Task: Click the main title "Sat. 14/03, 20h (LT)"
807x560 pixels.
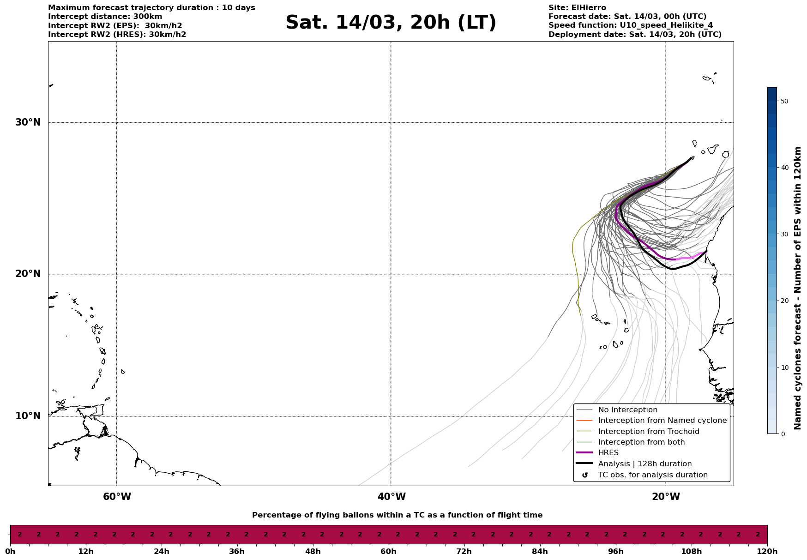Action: click(x=391, y=23)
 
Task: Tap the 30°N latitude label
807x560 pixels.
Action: click(x=28, y=122)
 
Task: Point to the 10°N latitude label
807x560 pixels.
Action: click(x=28, y=416)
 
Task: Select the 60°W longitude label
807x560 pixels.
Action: click(x=117, y=497)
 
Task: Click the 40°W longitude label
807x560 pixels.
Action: click(x=391, y=497)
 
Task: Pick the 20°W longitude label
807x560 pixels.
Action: click(x=666, y=497)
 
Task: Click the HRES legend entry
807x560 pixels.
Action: click(x=608, y=453)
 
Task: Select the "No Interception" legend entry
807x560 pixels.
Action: click(x=627, y=410)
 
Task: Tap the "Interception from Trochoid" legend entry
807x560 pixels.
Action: click(x=648, y=432)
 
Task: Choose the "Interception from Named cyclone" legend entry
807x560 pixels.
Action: click(x=662, y=421)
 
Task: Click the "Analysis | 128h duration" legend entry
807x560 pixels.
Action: click(x=644, y=464)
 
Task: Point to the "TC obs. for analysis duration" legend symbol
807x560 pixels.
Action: click(x=585, y=475)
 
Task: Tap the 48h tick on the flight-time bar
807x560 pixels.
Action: click(x=313, y=552)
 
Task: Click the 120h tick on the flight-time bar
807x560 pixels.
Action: click(x=767, y=552)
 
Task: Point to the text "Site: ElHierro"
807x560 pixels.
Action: click(x=577, y=8)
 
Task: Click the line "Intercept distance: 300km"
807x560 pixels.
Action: click(x=105, y=17)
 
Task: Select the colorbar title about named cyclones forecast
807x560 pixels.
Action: click(x=798, y=288)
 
